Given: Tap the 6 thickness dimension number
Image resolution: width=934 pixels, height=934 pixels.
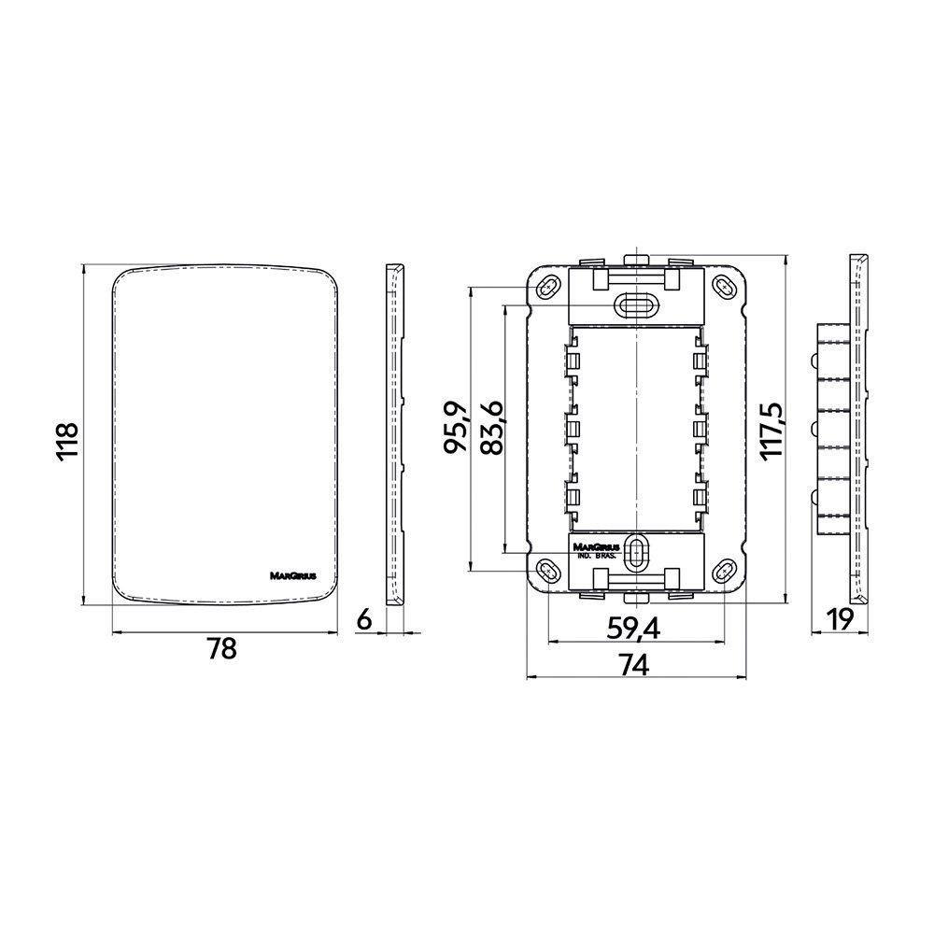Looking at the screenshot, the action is [x=364, y=620].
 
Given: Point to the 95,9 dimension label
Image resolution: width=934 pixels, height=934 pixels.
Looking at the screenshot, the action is [x=457, y=427].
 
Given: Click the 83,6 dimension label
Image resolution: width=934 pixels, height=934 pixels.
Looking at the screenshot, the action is [x=492, y=429].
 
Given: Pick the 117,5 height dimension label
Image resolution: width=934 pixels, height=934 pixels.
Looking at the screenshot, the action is [x=772, y=430].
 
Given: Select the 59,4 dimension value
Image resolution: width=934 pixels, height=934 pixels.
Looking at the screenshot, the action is [x=633, y=629].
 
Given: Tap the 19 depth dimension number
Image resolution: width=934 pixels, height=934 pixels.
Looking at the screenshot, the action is [x=840, y=620].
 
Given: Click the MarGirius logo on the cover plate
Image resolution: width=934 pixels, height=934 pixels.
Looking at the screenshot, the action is [x=293, y=576].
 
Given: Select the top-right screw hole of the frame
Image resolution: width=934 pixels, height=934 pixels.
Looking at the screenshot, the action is [x=725, y=287].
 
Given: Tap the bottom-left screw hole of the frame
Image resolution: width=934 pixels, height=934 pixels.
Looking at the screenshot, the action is [x=546, y=572].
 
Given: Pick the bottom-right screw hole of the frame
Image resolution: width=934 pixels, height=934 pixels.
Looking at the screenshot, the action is [x=725, y=571].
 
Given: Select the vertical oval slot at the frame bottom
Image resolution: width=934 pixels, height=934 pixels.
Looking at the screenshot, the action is [x=636, y=553].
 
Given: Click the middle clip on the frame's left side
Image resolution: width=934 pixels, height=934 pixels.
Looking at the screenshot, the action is [x=573, y=428].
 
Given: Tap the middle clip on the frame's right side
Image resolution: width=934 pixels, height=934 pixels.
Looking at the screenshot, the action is [x=700, y=428].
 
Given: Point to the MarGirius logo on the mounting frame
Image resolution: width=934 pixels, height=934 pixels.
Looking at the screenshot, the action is [x=596, y=546].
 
